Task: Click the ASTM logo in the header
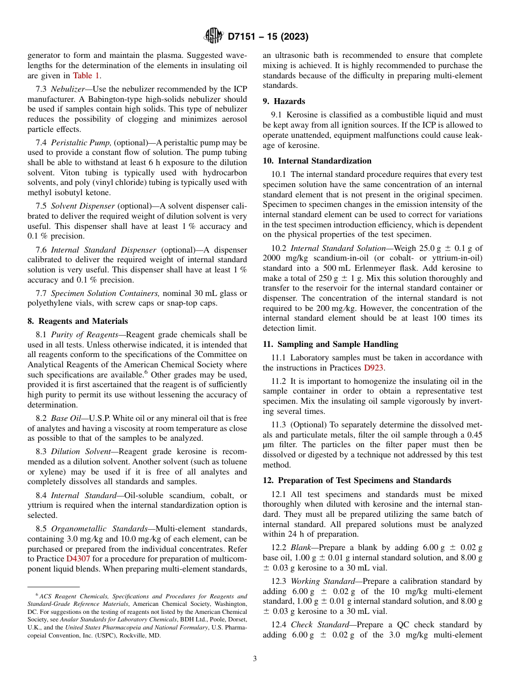click(214, 36)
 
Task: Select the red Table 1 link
click(86, 76)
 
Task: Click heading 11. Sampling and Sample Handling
click(330, 344)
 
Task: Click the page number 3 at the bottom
click(254, 659)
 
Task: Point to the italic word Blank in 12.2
click(301, 547)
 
